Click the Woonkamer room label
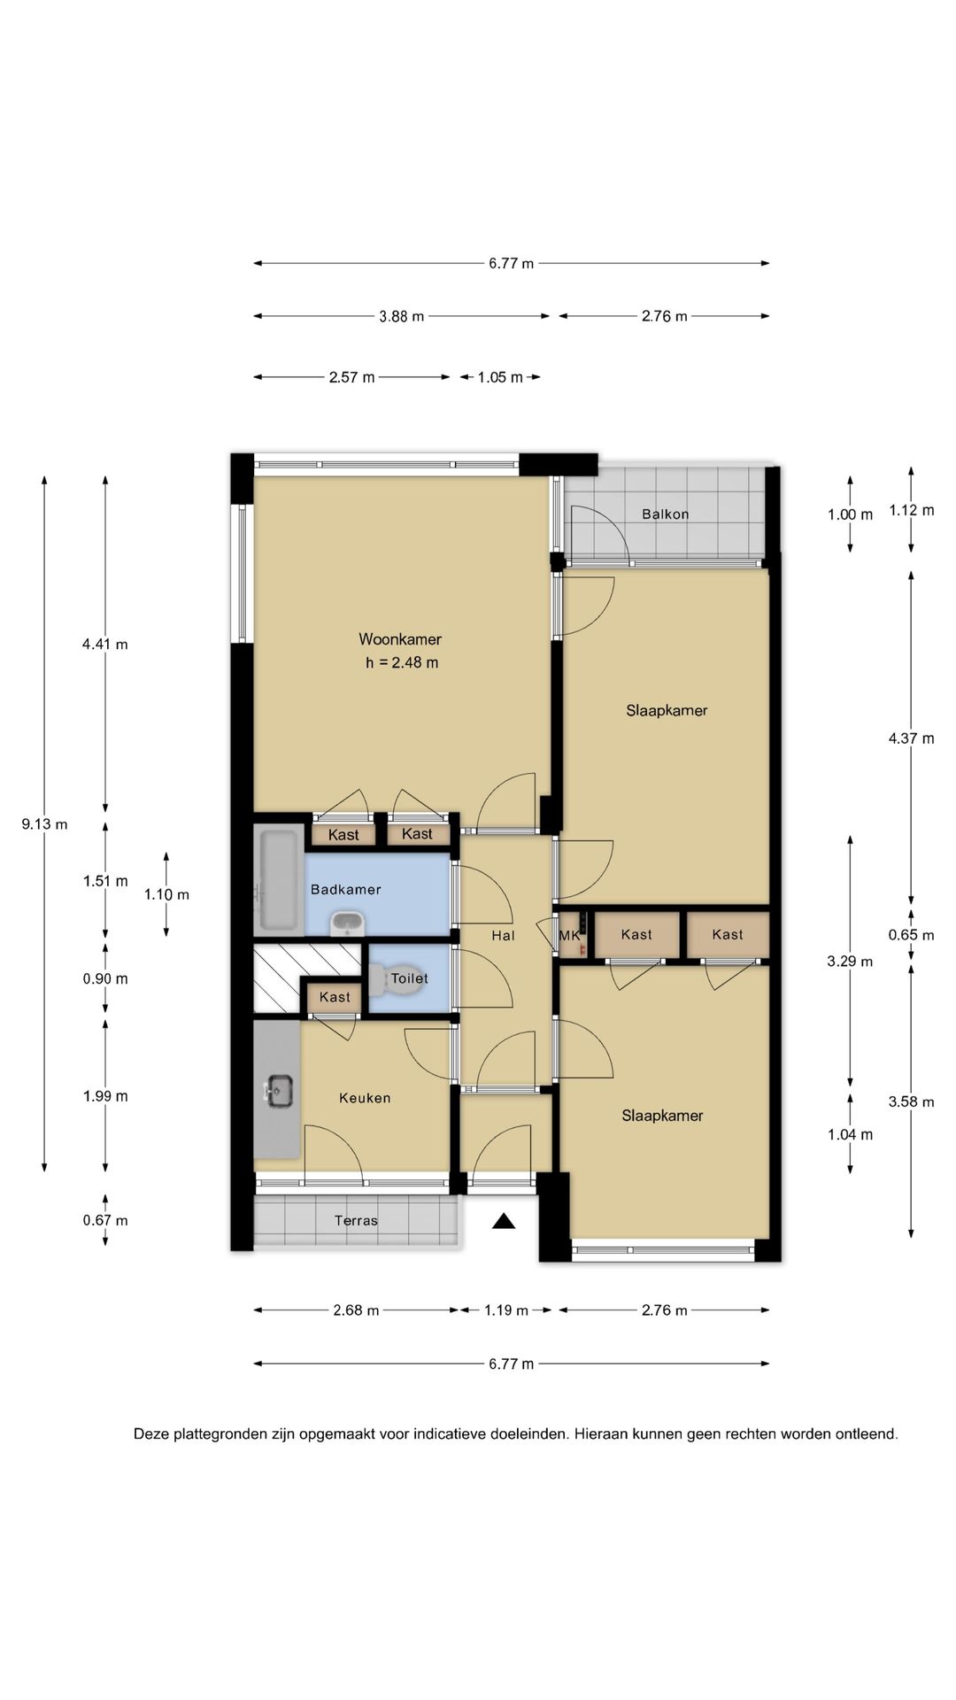tap(400, 639)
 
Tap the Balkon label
tap(666, 514)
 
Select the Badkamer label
tap(346, 890)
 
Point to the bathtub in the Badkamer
tap(279, 880)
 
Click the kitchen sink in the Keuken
tap(280, 1090)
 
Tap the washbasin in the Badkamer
tap(346, 923)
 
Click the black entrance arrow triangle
tap(504, 1222)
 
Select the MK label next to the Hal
tap(568, 935)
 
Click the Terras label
tap(356, 1221)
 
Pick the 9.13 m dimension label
tap(44, 824)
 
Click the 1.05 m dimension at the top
tap(500, 377)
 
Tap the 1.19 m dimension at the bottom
tap(505, 1310)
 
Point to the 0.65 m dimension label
tap(911, 935)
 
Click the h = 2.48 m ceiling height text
tap(402, 662)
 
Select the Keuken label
tap(365, 1098)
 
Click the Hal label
tap(503, 935)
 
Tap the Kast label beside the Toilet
tap(335, 997)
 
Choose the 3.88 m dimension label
tap(402, 316)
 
